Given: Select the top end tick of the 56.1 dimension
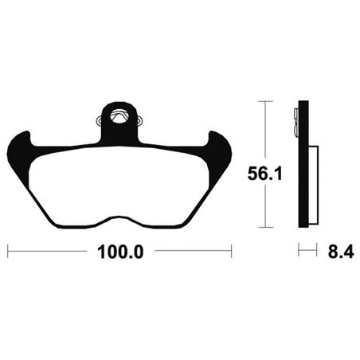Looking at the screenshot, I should (264, 101).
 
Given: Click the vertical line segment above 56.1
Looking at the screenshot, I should (264, 127).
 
